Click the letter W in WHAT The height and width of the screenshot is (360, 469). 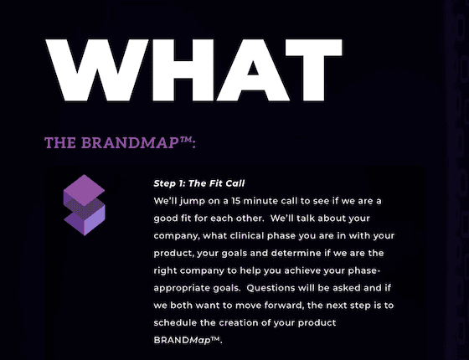97,70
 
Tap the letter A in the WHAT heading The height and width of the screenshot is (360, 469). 253,70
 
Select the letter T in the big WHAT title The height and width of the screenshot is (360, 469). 314,70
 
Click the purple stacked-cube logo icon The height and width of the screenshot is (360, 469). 84,205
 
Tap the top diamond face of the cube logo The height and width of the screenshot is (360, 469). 84,190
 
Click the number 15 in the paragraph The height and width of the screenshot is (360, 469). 235,201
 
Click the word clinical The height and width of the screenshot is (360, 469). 247,235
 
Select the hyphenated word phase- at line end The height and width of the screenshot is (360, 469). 364,271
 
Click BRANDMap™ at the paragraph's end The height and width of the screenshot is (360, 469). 188,340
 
